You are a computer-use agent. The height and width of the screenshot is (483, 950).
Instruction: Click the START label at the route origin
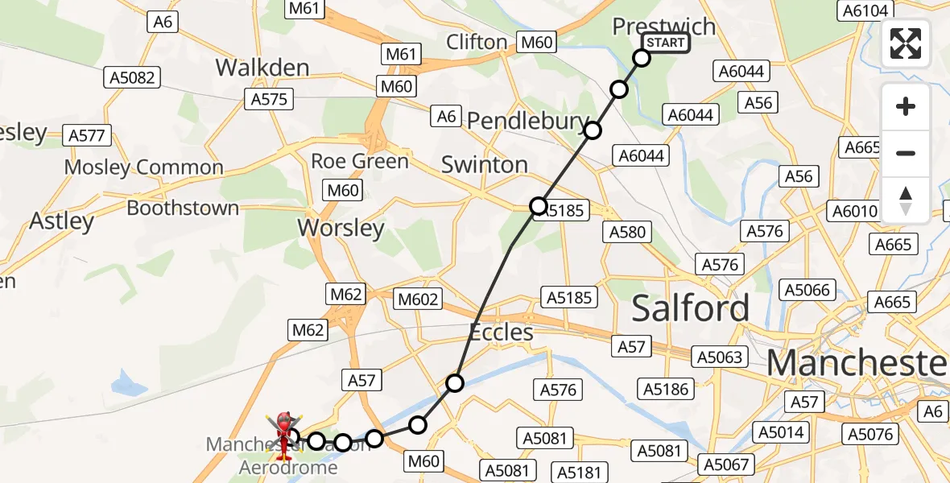point(665,43)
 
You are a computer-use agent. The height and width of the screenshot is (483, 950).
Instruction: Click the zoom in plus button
point(906,107)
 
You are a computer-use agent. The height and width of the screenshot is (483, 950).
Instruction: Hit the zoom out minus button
point(906,154)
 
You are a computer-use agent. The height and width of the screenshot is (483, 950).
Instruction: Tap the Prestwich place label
point(663,26)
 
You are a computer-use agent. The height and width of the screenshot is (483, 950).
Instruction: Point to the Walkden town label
point(262,68)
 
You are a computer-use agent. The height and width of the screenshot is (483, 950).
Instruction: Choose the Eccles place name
point(502,332)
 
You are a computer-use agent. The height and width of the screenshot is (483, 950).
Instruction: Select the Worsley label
point(341,228)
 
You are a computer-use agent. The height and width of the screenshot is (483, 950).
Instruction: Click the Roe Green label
point(360,161)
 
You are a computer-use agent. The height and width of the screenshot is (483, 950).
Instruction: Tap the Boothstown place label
point(183,208)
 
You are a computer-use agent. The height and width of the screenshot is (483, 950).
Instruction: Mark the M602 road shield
point(419,299)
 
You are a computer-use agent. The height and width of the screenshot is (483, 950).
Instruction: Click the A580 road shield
point(627,232)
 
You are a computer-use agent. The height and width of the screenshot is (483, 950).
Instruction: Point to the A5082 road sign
point(133,77)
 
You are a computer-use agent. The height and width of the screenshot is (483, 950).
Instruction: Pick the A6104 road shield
point(865,10)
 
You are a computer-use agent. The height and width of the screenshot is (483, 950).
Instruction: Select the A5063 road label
point(720,356)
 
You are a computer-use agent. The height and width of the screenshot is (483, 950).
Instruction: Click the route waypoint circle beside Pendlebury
point(593,130)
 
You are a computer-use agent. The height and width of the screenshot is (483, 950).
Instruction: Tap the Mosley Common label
point(143,167)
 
